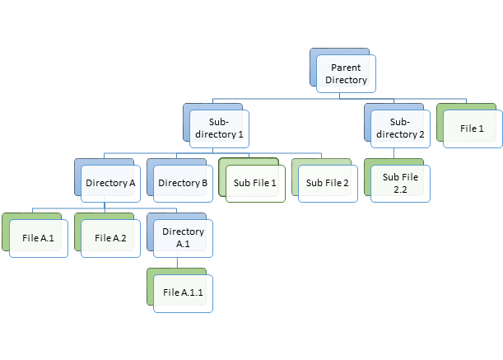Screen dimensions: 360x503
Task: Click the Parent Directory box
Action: pyautogui.click(x=346, y=73)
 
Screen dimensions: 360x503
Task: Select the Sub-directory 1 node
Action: pyautogui.click(x=218, y=128)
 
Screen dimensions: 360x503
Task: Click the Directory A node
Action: pyautogui.click(x=110, y=182)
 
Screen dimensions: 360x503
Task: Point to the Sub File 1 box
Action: pyautogui.click(x=255, y=182)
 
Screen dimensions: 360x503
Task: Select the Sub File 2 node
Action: pyautogui.click(x=328, y=182)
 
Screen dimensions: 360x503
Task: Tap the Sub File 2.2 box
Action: pyautogui.click(x=400, y=183)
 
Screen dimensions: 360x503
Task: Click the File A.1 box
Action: pyautogui.click(x=38, y=238)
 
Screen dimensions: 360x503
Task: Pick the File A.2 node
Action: pyautogui.click(x=110, y=238)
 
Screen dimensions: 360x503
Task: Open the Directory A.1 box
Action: pyautogui.click(x=183, y=238)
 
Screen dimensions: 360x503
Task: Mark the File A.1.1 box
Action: pyautogui.click(x=183, y=292)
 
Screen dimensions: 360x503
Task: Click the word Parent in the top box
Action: pyautogui.click(x=346, y=67)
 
